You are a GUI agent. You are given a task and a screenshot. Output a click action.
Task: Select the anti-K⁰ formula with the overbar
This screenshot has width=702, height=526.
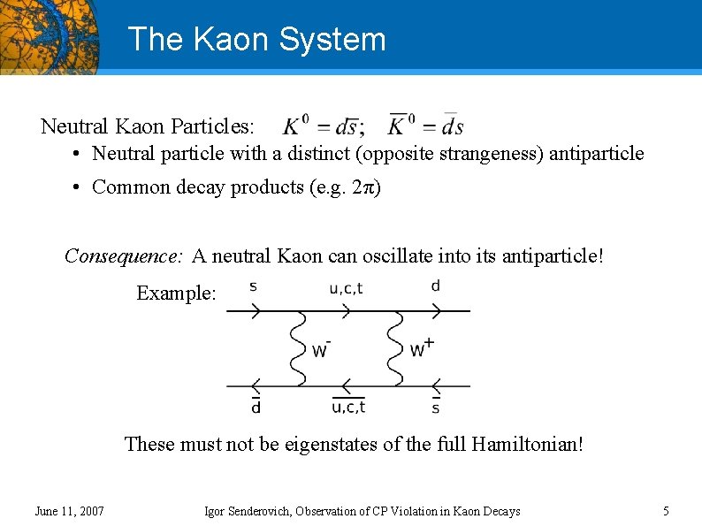(425, 126)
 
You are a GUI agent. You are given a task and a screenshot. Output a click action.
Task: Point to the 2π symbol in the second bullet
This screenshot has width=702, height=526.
(366, 187)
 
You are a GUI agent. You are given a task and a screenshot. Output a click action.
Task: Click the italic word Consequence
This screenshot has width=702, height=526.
(123, 256)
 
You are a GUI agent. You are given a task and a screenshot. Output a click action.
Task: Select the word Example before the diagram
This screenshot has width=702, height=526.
(175, 293)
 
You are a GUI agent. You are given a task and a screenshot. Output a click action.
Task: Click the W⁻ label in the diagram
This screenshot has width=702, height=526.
(321, 349)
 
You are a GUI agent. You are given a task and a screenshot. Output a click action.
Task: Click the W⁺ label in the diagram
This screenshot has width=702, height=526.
(421, 348)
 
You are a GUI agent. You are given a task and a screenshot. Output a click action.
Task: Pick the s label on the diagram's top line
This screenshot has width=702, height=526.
(253, 286)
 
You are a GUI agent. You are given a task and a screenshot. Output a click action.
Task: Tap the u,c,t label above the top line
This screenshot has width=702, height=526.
(346, 286)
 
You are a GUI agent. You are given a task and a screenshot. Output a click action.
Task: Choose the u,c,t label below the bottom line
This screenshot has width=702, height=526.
(348, 407)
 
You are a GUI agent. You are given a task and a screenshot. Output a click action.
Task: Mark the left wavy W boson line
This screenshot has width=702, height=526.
(296, 348)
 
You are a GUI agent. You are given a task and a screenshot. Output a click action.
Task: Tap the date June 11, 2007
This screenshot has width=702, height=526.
(69, 511)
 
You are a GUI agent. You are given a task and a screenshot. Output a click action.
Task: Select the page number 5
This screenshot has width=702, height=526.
(666, 511)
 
